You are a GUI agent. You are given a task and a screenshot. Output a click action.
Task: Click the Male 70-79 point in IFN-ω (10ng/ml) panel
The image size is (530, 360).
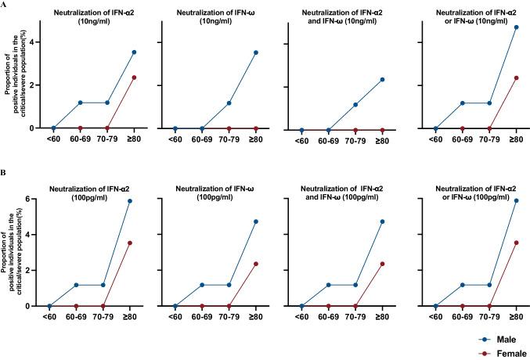(x=230, y=103)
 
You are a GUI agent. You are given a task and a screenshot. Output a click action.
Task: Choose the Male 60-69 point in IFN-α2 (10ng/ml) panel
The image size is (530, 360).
(x=80, y=103)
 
